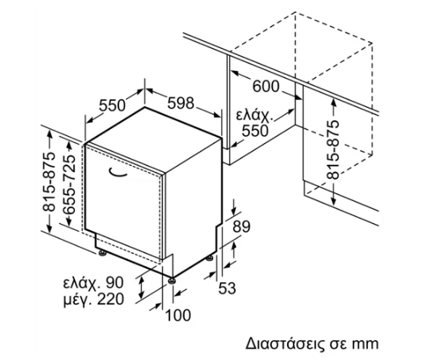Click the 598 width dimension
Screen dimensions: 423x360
click(181, 103)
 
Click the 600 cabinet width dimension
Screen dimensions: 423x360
click(266, 86)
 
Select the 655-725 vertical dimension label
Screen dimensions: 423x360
click(67, 184)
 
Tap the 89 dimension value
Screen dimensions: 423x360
click(241, 226)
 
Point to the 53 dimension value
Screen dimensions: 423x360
click(227, 288)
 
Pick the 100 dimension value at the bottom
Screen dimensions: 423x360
click(178, 315)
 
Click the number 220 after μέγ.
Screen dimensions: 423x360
click(111, 299)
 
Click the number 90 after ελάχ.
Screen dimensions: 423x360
click(115, 283)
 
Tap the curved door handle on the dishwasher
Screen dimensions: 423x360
click(118, 174)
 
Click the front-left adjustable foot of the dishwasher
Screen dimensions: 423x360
click(102, 253)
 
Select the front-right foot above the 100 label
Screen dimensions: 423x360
click(172, 281)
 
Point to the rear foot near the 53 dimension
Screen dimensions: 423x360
click(210, 258)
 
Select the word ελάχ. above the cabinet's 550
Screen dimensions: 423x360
click(255, 115)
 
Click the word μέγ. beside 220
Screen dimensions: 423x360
click(78, 300)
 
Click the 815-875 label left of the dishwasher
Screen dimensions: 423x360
click(49, 182)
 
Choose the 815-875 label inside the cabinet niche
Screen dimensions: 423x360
click(332, 150)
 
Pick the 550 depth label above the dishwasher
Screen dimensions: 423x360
click(112, 105)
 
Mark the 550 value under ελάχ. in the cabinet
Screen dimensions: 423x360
click(255, 131)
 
